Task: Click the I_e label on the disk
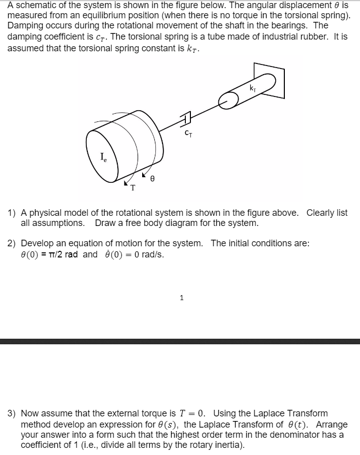click(x=104, y=157)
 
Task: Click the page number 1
click(x=181, y=298)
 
